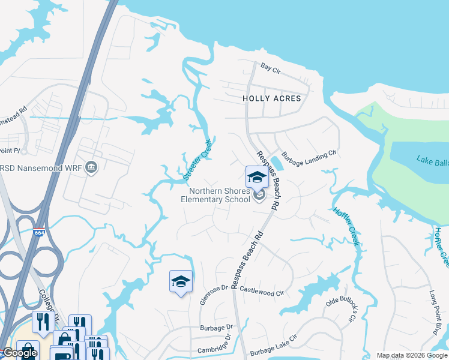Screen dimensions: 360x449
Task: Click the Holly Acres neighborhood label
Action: (271, 98)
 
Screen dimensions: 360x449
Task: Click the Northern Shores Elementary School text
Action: (215, 196)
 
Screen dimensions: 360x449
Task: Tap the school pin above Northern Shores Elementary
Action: (257, 177)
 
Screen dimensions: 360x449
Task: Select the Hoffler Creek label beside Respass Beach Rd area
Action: (346, 226)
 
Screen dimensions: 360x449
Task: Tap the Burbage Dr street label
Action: (216, 328)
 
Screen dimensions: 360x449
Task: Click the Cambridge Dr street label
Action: (214, 350)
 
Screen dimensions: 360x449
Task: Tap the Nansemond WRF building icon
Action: (91, 167)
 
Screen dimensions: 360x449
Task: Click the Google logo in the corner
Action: (20, 353)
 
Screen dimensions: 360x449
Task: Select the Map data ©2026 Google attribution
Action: (411, 355)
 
